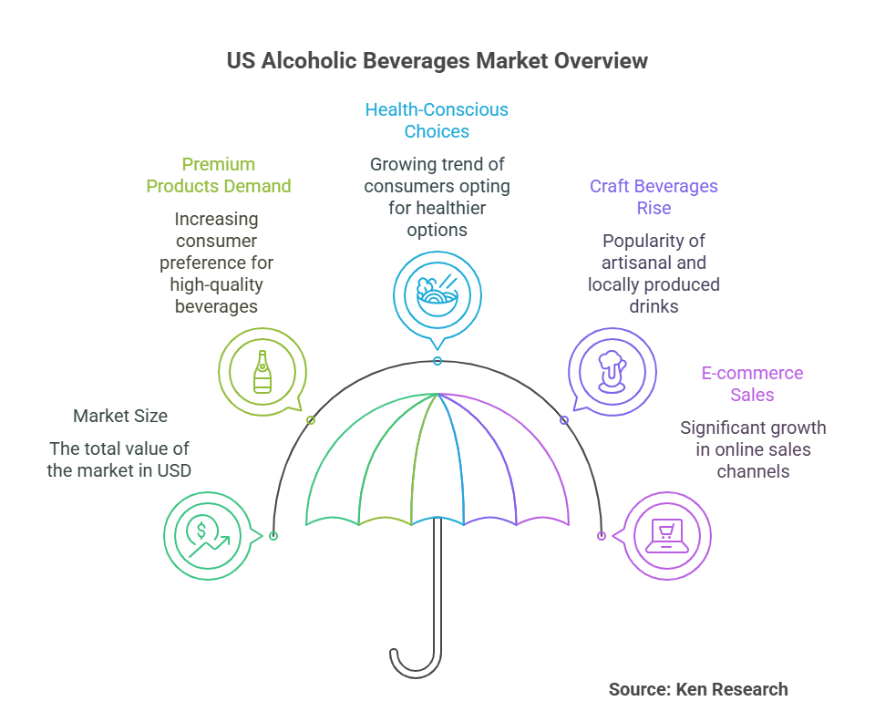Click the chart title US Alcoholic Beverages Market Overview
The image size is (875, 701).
point(437,61)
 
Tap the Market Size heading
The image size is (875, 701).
point(120,416)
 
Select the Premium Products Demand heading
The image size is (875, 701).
point(219,175)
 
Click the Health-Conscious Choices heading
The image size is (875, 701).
point(437,120)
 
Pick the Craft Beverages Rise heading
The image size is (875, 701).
point(654,197)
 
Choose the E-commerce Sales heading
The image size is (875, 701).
point(752,384)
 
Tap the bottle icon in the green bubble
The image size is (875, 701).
point(262,371)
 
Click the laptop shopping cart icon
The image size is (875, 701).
point(665,535)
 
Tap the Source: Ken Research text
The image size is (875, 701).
point(698,689)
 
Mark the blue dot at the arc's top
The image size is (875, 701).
point(437,361)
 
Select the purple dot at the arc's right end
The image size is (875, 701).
point(602,536)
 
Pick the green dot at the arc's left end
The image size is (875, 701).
point(273,536)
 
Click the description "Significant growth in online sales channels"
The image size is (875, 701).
point(753,449)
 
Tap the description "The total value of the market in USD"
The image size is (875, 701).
point(120,459)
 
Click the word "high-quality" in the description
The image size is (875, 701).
point(217,284)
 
